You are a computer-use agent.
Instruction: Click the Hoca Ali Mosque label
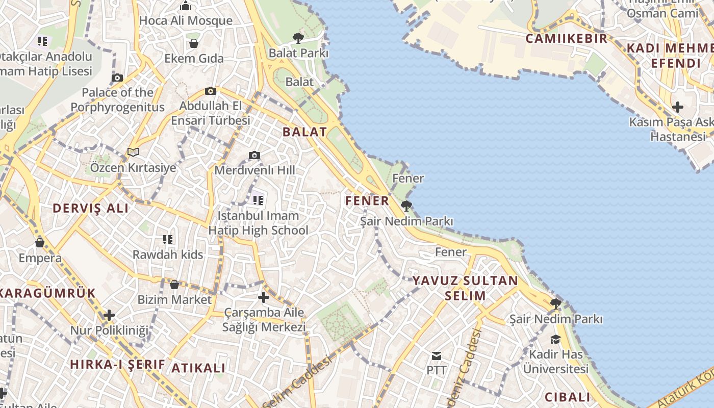click(x=186, y=21)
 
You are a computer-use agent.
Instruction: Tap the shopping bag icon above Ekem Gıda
click(x=194, y=43)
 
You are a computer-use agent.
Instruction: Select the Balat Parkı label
click(x=298, y=53)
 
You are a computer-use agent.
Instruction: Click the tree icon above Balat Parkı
click(x=298, y=37)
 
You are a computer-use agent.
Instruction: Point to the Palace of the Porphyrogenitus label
click(x=117, y=99)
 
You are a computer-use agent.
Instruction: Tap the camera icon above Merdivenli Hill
click(x=254, y=155)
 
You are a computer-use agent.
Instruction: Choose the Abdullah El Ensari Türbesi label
click(x=211, y=113)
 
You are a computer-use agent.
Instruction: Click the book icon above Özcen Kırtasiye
click(x=133, y=152)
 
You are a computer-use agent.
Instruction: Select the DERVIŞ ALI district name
click(x=91, y=208)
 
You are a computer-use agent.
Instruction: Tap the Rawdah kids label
click(x=168, y=254)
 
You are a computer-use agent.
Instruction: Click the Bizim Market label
click(x=174, y=299)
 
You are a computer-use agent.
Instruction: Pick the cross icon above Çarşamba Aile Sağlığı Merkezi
click(x=264, y=297)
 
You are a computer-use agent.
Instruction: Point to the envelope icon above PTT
click(x=437, y=355)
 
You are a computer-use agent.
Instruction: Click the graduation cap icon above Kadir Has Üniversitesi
click(x=555, y=339)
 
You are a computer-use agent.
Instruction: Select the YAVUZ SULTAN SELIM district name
click(x=465, y=288)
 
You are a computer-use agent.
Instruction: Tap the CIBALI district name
click(x=567, y=397)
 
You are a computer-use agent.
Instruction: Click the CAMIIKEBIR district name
click(x=566, y=39)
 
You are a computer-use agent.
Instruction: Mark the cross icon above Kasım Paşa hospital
click(x=677, y=107)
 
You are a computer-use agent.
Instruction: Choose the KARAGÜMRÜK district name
click(x=48, y=293)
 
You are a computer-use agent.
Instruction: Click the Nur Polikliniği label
click(x=109, y=330)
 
